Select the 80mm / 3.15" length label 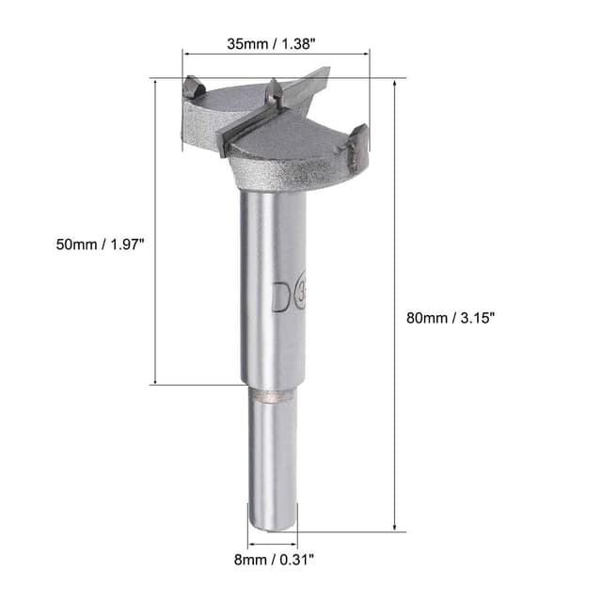pos(449,318)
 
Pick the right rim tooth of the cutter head pos(358,136)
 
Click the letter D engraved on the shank pos(280,296)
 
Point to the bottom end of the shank pos(272,528)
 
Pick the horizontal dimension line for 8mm pos(272,544)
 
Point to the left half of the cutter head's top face pos(230,103)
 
